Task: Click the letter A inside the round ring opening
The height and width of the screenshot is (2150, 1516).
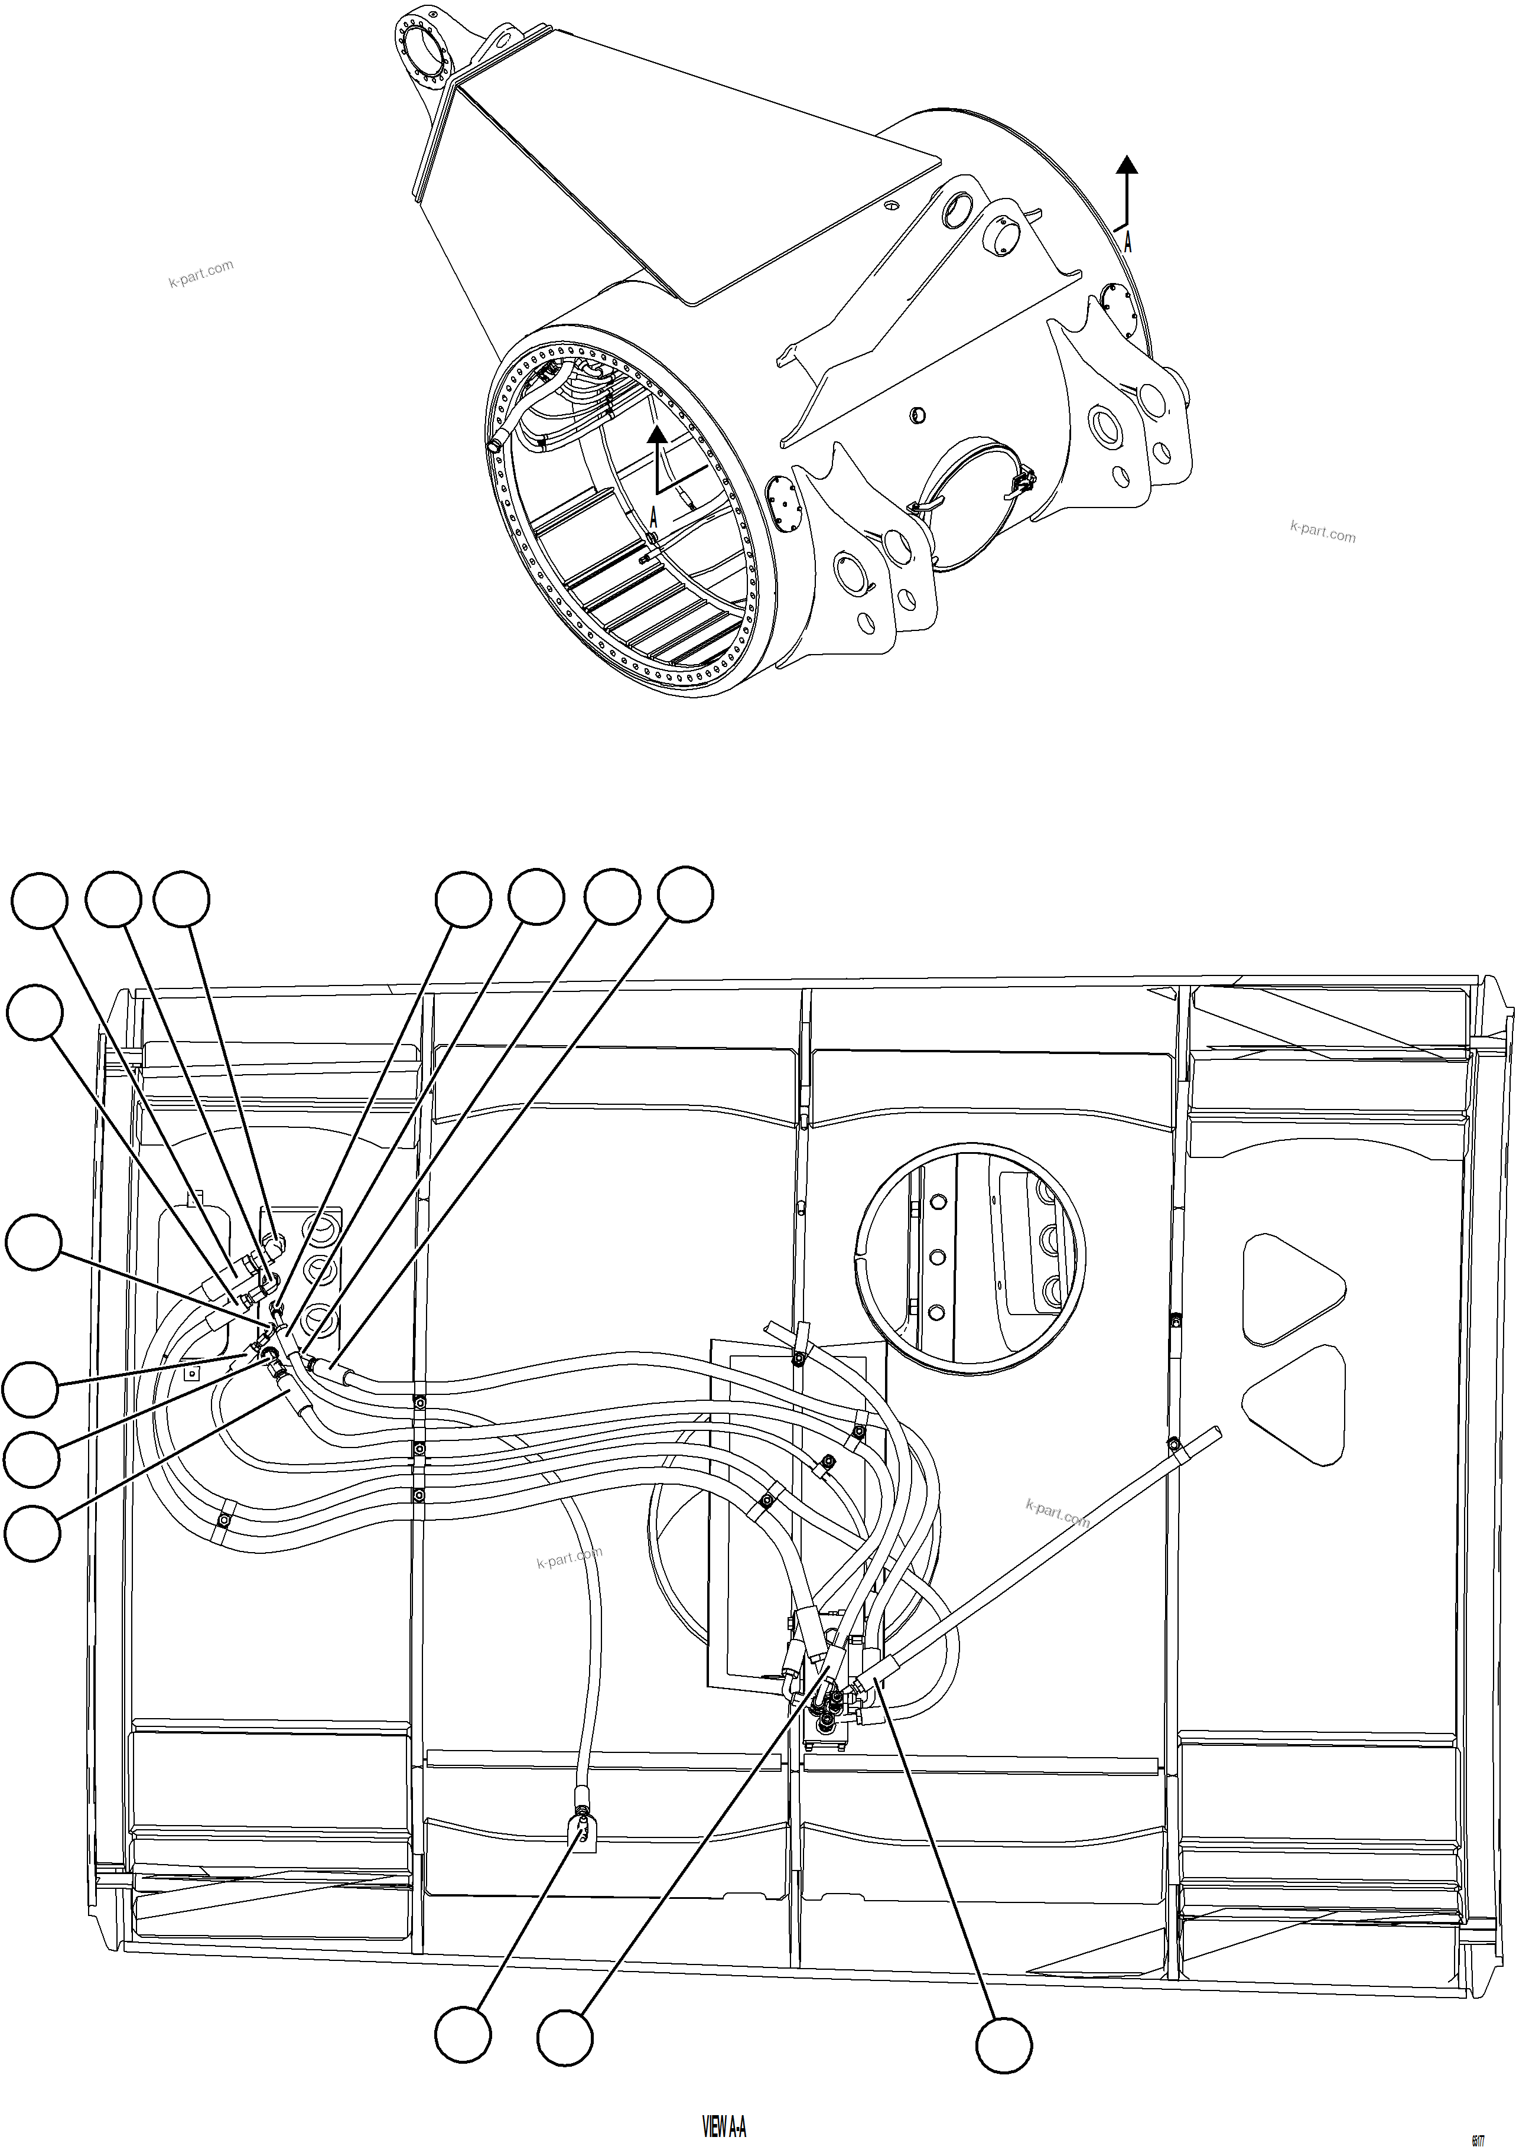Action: tap(653, 517)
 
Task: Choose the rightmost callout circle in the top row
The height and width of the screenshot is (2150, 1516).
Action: tap(685, 895)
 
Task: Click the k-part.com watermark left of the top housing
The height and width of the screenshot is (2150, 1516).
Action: tap(200, 274)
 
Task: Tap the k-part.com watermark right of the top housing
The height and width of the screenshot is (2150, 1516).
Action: tap(1322, 531)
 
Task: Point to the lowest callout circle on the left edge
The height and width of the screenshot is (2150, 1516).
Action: tap(32, 1533)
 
